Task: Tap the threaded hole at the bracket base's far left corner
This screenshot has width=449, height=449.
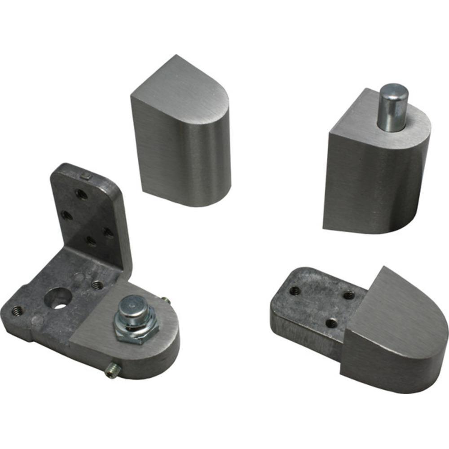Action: coord(17,310)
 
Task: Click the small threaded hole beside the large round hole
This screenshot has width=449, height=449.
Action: coord(97,284)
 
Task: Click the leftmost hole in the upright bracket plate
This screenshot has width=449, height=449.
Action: coord(66,215)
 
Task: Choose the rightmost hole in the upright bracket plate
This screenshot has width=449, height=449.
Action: coord(108,232)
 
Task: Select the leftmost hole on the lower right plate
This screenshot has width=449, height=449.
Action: coord(295,291)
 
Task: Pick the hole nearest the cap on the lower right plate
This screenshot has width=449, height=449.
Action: coord(348,295)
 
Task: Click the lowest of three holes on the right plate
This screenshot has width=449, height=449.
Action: coord(331,322)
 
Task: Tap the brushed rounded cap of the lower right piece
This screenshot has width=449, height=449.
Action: coord(395,332)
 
